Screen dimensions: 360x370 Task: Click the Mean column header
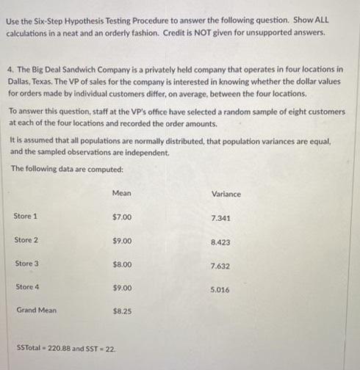122,192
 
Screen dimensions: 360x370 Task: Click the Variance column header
226,194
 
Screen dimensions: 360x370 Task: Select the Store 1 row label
26,216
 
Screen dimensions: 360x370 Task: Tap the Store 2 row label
26,240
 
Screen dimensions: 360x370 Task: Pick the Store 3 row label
26,263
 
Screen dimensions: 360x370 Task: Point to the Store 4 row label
26,286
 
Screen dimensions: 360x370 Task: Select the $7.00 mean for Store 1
122,217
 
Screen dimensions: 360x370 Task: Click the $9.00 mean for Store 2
122,241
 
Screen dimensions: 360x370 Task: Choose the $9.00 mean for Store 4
122,288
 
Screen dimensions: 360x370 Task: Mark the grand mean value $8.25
122,311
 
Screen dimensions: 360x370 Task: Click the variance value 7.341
220,219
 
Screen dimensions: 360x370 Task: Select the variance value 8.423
220,242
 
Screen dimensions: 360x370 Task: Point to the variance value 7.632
220,266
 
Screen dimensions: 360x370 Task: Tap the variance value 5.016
220,290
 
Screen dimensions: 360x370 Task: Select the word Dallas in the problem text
20,81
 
